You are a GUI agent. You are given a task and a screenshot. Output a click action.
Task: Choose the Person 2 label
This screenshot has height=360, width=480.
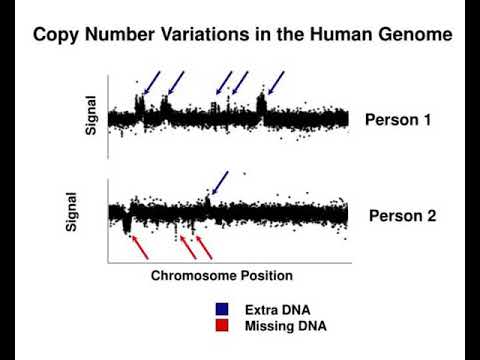tap(403, 214)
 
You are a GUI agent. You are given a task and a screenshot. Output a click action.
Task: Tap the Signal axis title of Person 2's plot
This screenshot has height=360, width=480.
tap(72, 212)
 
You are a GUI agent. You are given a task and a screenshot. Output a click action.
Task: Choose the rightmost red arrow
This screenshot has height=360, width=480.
tap(203, 246)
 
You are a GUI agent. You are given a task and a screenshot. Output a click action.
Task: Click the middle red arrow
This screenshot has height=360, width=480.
tap(186, 246)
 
